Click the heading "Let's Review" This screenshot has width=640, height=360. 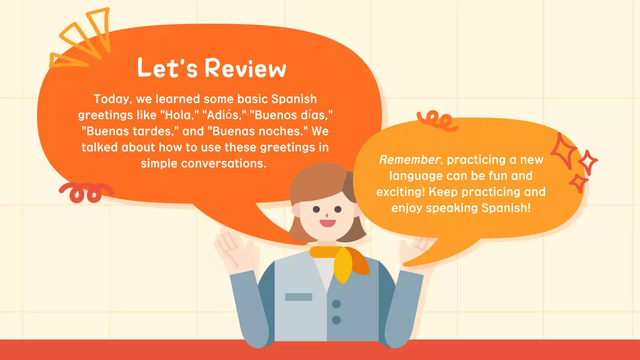tap(211, 68)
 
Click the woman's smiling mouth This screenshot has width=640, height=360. tap(327, 222)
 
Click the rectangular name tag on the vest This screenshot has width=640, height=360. tap(298, 297)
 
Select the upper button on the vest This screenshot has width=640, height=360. tap(336, 303)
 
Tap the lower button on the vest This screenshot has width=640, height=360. tap(336, 319)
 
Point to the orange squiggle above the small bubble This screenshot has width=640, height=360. tap(437, 120)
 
